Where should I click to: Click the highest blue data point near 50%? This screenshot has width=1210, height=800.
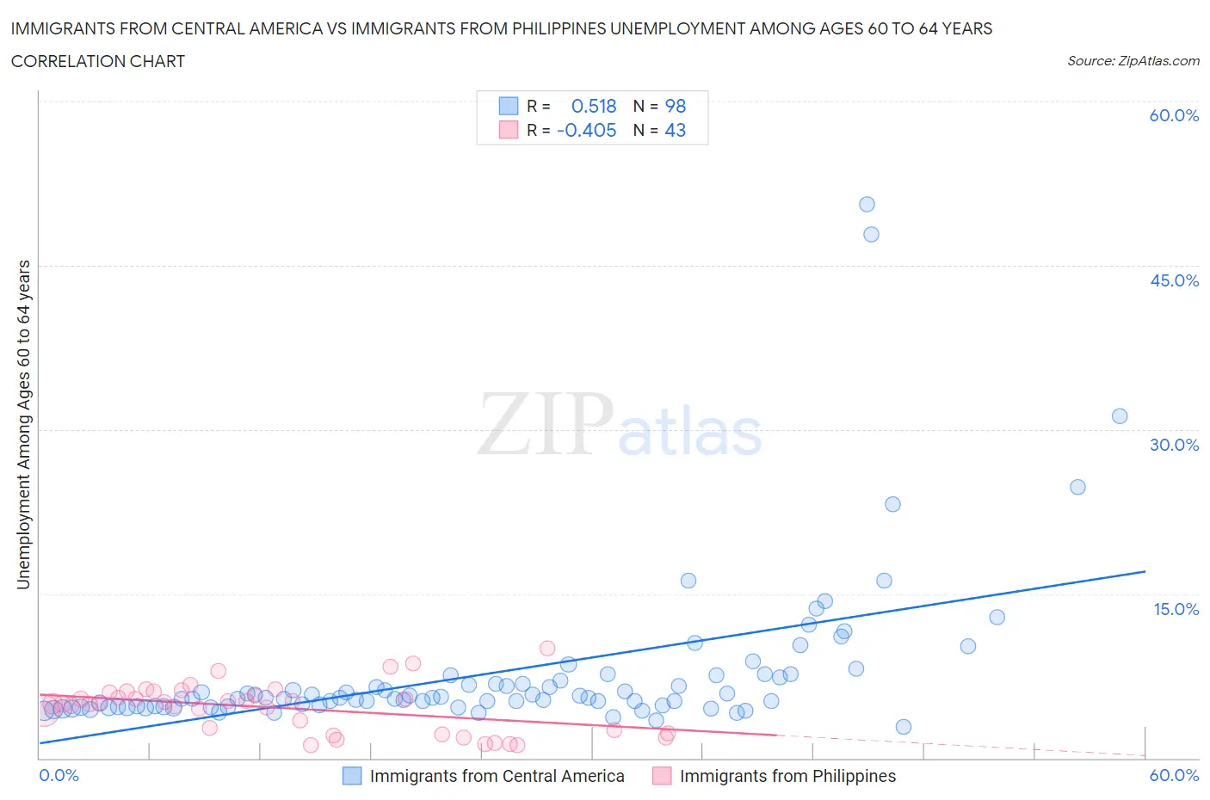click(867, 204)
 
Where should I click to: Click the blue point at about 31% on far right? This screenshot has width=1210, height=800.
click(1120, 415)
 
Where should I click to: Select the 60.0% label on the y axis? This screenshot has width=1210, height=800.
click(1174, 115)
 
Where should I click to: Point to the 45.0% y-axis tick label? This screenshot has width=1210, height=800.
click(1174, 280)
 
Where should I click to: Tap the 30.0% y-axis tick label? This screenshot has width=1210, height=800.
click(1174, 445)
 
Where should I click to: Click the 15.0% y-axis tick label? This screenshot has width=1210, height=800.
click(1176, 609)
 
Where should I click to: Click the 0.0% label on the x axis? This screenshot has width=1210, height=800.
click(59, 775)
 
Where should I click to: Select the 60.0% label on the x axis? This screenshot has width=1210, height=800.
click(1174, 775)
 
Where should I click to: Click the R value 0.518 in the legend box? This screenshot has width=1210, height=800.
click(594, 106)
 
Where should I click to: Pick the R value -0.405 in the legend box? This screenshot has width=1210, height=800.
click(587, 130)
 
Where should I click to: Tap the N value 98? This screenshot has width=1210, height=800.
click(676, 106)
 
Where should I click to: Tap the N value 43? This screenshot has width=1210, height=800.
click(676, 130)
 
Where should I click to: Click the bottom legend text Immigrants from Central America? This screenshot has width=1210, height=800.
click(497, 776)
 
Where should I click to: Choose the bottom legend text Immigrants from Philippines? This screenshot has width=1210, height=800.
click(787, 776)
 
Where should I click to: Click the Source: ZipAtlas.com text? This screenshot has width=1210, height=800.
click(1133, 60)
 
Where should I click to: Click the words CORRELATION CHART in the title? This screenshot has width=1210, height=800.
click(98, 61)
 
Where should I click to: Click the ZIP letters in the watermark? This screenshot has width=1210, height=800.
click(546, 423)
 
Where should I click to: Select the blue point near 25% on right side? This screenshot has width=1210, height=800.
click(1077, 487)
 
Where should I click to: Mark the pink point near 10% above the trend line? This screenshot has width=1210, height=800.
click(547, 648)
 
